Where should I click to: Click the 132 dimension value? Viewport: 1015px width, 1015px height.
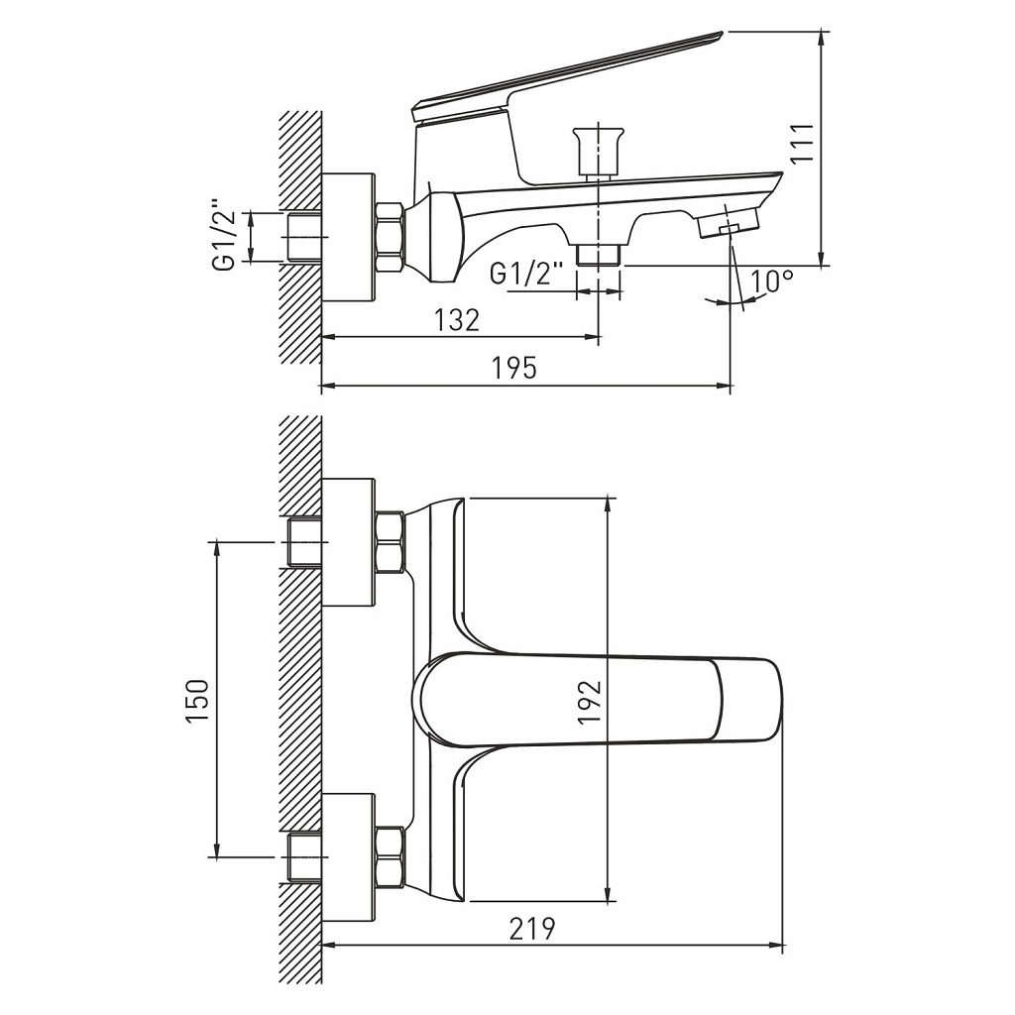[x=457, y=320]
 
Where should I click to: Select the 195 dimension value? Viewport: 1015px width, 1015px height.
[x=514, y=368]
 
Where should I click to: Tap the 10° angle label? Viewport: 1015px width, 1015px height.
[x=772, y=282]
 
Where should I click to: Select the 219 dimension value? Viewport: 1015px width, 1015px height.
[x=532, y=929]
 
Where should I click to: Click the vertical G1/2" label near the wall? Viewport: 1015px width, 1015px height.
[x=224, y=235]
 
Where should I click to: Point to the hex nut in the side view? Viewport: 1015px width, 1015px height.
[x=389, y=238]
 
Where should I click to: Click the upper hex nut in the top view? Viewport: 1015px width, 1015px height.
[x=389, y=542]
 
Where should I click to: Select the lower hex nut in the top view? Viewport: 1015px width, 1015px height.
[x=389, y=855]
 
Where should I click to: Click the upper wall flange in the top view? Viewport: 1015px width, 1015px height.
[x=349, y=542]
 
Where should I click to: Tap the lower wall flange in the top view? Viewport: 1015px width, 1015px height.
[x=349, y=855]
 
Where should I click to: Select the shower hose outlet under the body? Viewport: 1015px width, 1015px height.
[x=598, y=255]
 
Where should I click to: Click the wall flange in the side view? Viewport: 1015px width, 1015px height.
[x=349, y=238]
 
